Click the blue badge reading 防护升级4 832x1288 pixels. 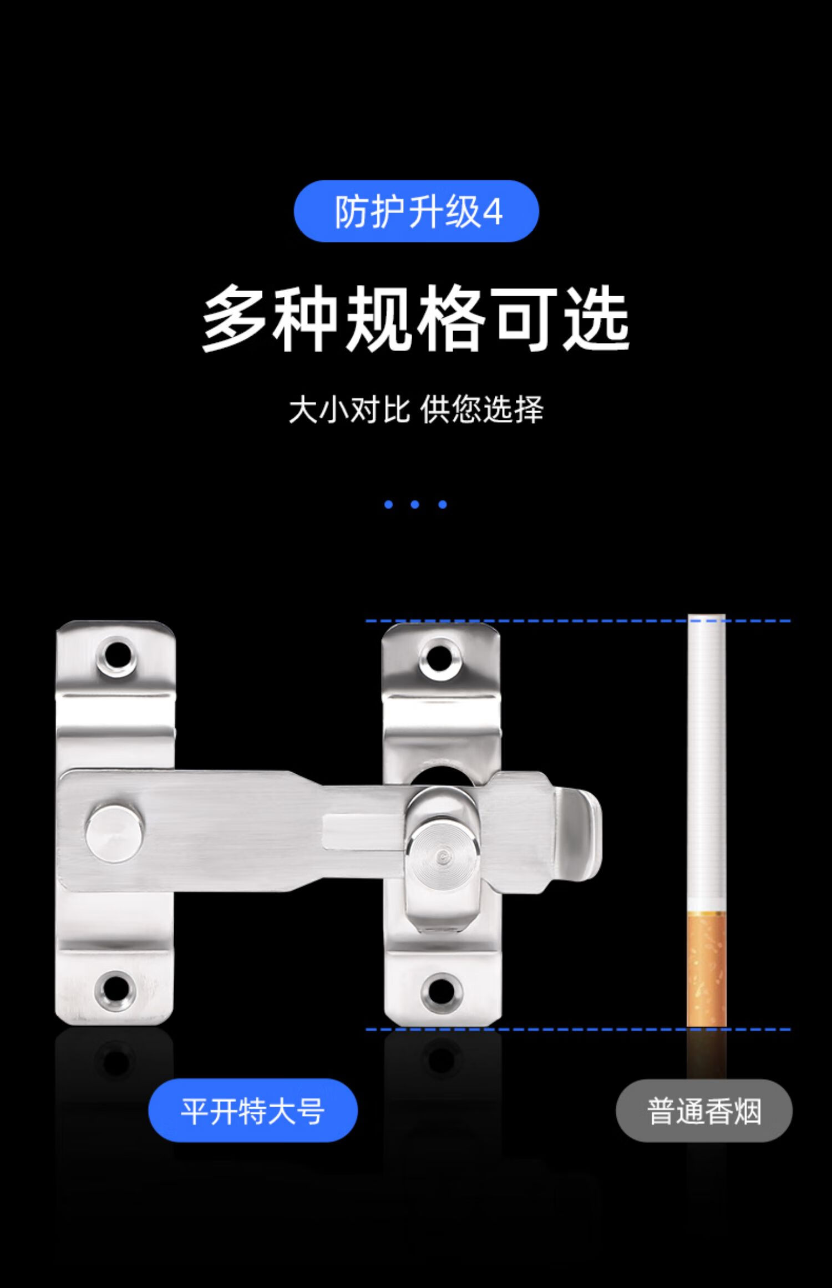click(416, 211)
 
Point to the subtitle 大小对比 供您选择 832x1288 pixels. click(416, 410)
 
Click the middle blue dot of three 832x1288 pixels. click(415, 504)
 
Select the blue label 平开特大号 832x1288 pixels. click(253, 1111)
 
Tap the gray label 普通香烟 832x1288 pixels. click(704, 1111)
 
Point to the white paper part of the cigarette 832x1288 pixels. click(706, 765)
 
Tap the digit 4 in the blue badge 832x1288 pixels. click(493, 212)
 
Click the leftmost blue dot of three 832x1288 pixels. click(388, 504)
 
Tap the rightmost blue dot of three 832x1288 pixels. click(442, 504)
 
